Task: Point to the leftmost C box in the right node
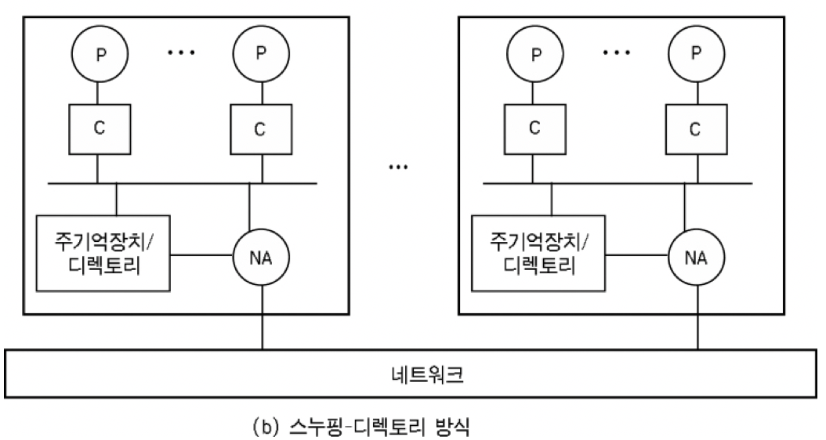[534, 128]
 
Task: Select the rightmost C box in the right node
[693, 128]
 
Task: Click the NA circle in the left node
[262, 255]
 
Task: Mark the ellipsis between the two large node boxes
[399, 168]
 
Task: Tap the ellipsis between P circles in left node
[180, 52]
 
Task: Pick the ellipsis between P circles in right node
[617, 52]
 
